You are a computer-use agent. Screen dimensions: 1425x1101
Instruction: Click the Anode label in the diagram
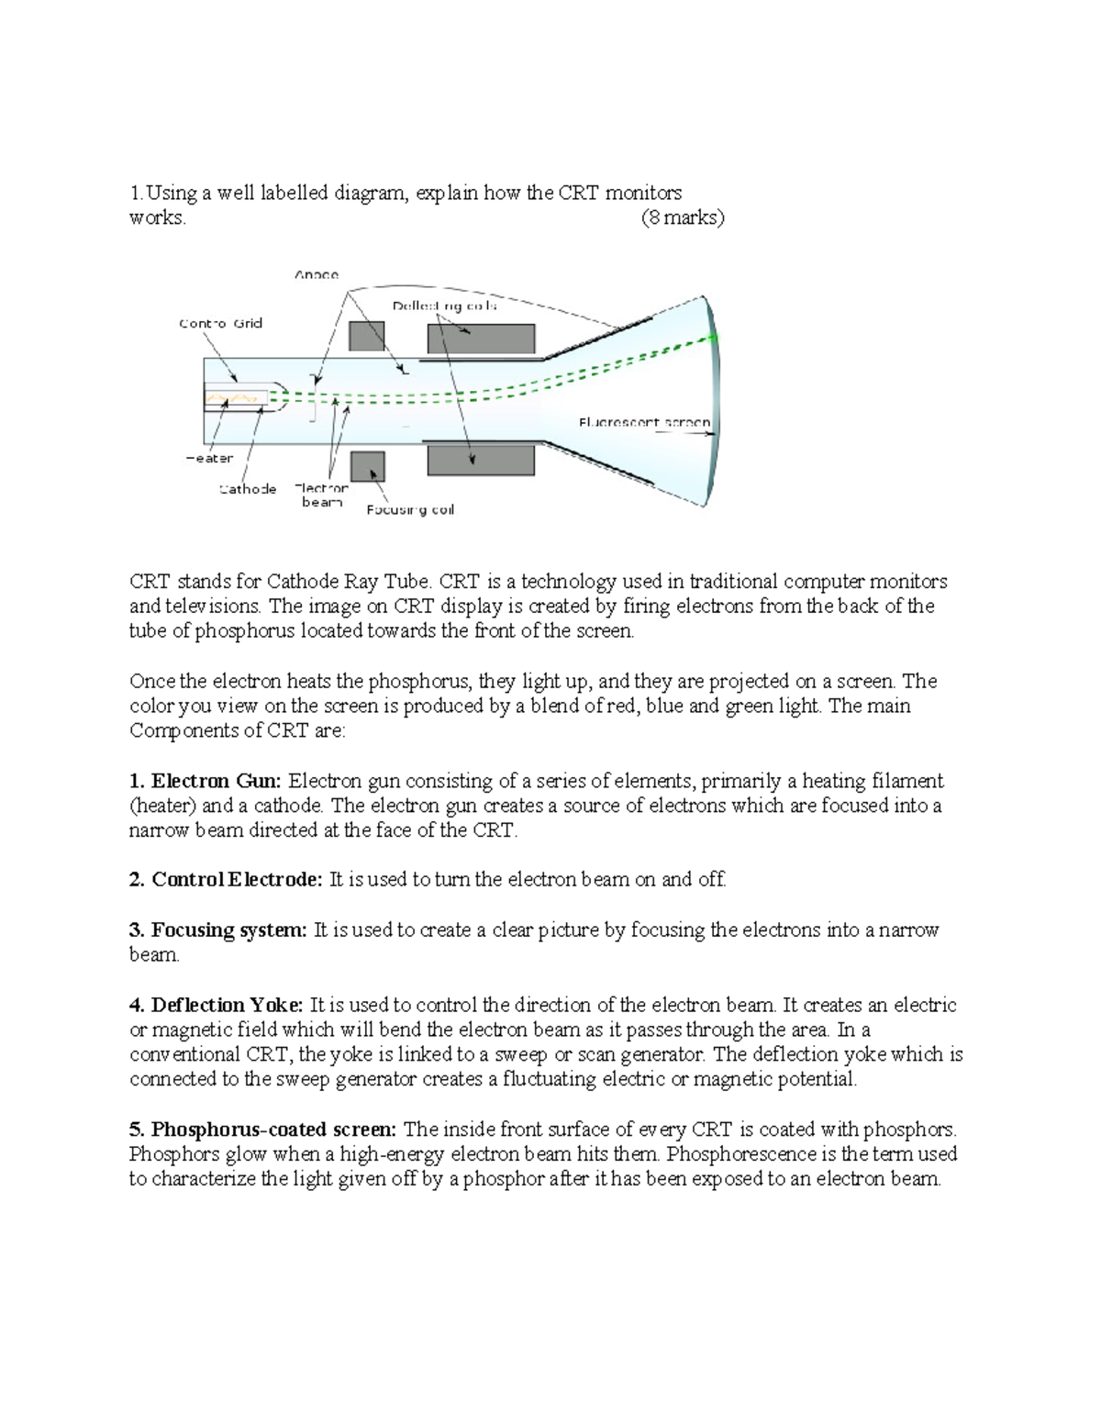point(317,274)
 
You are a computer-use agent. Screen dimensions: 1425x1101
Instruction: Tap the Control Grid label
point(220,323)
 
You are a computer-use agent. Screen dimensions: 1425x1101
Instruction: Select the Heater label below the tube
point(209,458)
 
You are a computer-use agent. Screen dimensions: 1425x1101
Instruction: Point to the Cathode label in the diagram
point(248,489)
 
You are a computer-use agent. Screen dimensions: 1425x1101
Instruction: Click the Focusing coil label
point(410,510)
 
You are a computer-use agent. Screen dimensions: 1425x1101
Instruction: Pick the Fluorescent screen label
point(644,422)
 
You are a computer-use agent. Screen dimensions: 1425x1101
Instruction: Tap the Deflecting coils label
point(445,306)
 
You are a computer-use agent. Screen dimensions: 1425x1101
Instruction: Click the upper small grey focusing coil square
point(367,336)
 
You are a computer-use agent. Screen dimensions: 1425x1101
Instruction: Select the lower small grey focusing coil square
point(367,466)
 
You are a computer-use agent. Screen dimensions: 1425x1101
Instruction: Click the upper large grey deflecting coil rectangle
point(481,339)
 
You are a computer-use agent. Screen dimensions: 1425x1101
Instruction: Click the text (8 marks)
point(682,218)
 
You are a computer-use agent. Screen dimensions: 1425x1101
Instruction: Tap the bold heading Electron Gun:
point(206,782)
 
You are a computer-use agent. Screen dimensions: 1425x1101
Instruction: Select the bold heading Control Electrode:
point(226,880)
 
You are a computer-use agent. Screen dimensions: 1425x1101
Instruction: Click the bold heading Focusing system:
point(218,930)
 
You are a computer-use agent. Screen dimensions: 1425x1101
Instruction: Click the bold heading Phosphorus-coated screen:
point(262,1130)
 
